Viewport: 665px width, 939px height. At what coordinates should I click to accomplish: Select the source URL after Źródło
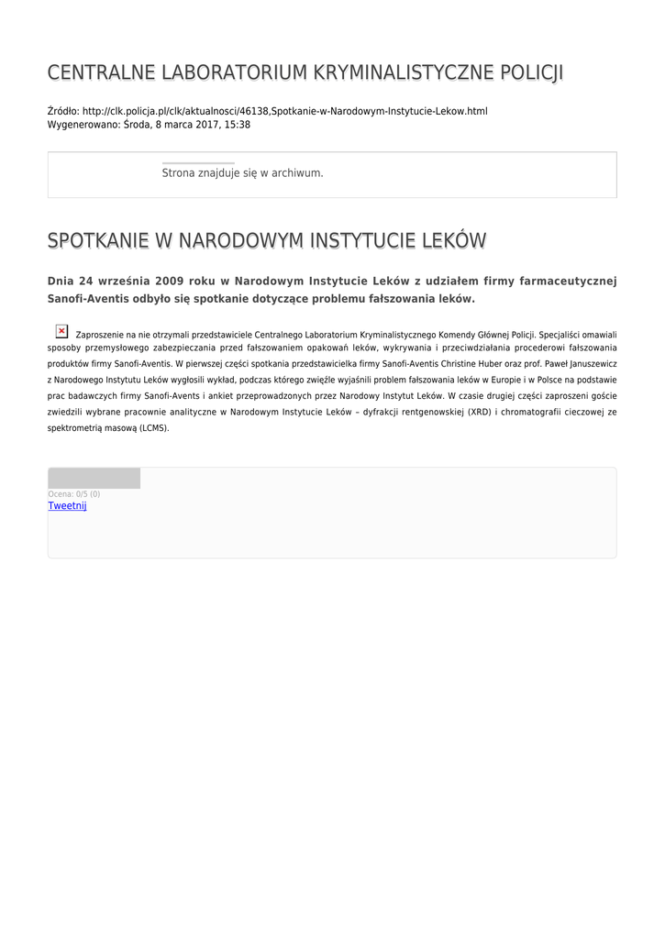[284, 111]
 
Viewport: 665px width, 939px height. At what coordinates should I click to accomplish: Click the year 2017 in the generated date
[204, 125]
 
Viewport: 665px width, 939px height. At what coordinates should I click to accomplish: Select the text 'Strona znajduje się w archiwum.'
[242, 172]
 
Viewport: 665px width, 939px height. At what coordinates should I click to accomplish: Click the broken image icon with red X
[61, 331]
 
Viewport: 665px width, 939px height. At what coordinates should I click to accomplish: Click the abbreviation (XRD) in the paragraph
[479, 412]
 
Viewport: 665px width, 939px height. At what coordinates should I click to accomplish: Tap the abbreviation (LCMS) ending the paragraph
[154, 427]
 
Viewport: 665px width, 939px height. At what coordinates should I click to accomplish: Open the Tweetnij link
[67, 505]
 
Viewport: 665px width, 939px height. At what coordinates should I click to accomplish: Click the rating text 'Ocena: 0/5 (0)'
[73, 494]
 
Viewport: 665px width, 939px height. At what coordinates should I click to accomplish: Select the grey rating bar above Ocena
[94, 478]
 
